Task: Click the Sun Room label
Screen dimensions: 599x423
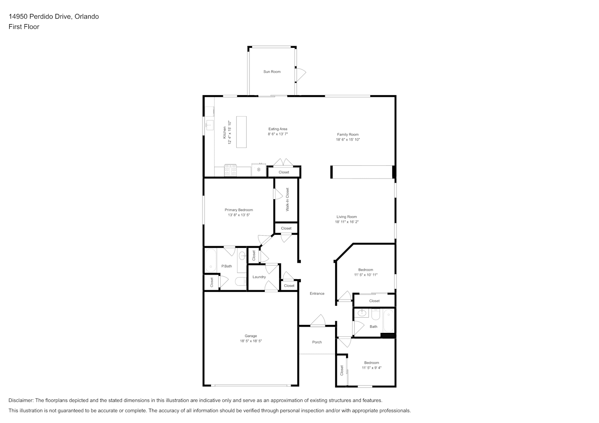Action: point(272,71)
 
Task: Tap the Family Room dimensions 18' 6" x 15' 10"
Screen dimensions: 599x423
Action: point(348,140)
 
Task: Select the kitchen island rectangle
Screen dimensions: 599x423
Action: point(241,132)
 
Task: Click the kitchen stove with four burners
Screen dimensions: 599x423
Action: point(230,170)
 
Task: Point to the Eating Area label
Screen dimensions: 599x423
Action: point(278,129)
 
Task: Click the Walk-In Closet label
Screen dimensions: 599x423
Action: point(288,200)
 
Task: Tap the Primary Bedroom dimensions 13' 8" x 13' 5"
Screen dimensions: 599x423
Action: point(239,215)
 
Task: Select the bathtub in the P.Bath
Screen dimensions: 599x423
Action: point(211,261)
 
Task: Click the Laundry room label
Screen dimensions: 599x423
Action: point(259,277)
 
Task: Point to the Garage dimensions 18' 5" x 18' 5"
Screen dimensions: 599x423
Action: point(250,341)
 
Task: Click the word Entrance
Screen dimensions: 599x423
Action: point(317,294)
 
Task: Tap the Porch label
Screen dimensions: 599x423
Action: point(317,342)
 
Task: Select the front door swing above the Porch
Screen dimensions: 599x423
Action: point(318,320)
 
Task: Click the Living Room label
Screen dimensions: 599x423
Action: point(347,217)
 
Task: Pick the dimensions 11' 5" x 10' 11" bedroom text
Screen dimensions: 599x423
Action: point(366,275)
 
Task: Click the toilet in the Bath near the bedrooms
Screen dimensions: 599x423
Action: point(375,314)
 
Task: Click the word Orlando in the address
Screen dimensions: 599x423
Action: point(87,16)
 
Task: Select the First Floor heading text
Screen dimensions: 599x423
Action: point(24,27)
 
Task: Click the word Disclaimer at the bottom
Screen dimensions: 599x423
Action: point(21,400)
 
